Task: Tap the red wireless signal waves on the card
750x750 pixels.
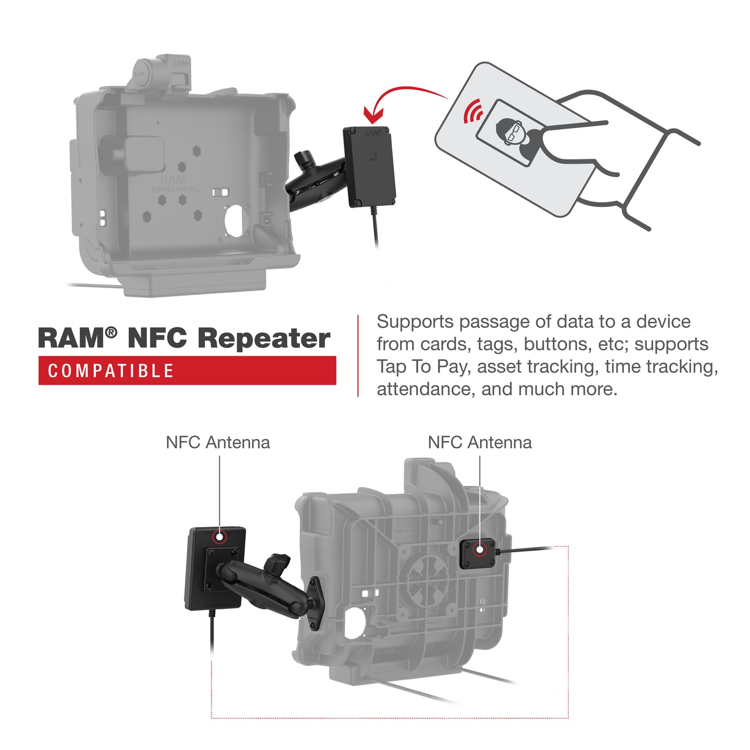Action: point(473,110)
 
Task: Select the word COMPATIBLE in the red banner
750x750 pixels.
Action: point(111,371)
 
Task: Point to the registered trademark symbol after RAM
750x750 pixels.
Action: point(111,332)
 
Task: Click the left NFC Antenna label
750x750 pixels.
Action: point(218,443)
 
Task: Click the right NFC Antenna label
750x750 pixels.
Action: point(480,443)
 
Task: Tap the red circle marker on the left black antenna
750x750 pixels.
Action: point(220,536)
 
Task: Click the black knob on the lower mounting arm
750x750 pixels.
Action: point(276,564)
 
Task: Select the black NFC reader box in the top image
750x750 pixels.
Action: point(369,166)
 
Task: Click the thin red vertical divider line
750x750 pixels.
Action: point(358,356)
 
